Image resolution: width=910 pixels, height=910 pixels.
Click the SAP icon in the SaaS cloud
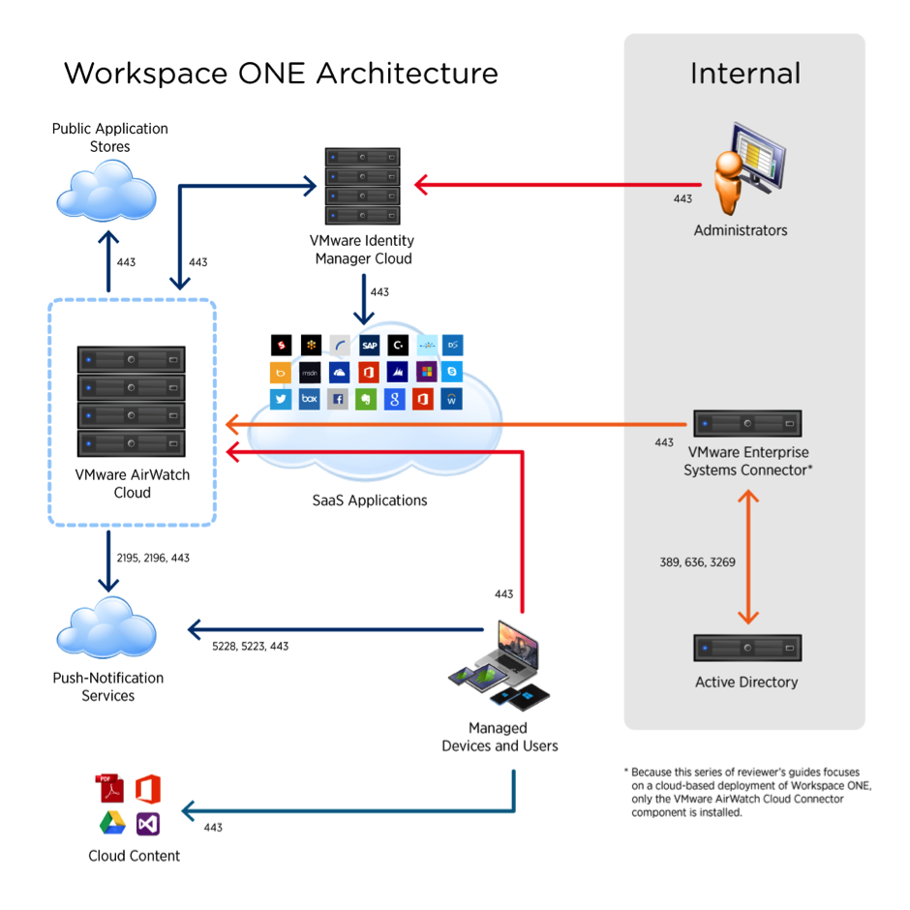tap(369, 345)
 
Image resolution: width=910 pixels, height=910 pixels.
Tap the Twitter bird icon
tap(281, 399)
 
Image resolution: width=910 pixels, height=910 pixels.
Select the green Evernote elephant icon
tap(365, 399)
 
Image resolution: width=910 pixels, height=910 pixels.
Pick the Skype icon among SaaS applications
tap(452, 372)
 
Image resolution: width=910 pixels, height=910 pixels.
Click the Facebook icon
tap(337, 399)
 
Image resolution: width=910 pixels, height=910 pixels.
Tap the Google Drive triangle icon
tap(112, 824)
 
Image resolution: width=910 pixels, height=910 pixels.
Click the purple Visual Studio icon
tap(147, 824)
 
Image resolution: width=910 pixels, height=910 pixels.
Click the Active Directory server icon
tap(746, 648)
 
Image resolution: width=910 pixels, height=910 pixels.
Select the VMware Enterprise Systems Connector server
tap(746, 424)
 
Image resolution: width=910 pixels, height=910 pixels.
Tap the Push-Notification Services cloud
tap(106, 628)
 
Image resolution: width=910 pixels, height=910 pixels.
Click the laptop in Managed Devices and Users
tap(516, 647)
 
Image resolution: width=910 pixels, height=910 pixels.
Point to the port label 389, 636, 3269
tap(696, 561)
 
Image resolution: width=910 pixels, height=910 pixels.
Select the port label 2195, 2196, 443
tap(153, 559)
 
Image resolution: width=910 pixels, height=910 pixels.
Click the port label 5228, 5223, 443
tap(250, 646)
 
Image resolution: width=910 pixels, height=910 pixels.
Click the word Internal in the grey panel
tap(744, 74)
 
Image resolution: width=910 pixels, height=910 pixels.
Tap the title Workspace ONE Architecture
tap(281, 74)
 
